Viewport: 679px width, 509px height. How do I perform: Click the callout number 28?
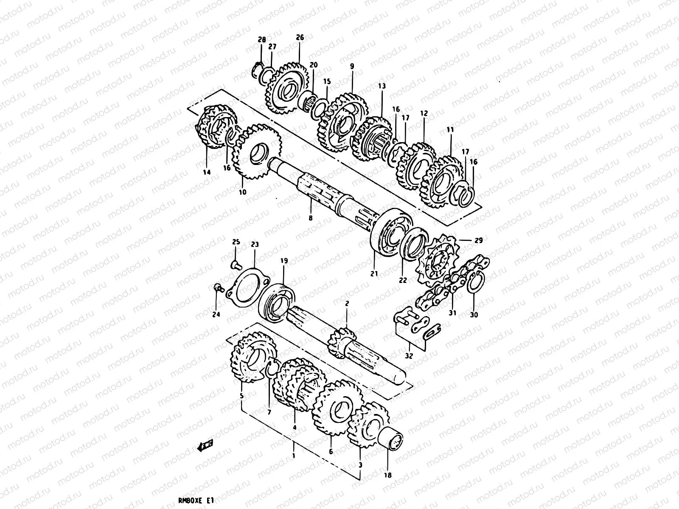(x=262, y=40)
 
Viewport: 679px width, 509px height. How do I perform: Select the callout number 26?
(x=300, y=38)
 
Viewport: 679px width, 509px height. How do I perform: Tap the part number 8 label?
(x=310, y=218)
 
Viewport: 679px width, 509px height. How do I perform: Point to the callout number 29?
(x=478, y=241)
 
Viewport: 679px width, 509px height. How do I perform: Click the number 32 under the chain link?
(x=409, y=355)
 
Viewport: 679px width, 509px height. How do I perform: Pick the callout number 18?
(x=388, y=475)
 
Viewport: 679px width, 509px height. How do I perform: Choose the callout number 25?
(x=236, y=242)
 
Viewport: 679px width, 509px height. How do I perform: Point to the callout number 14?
(x=206, y=172)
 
